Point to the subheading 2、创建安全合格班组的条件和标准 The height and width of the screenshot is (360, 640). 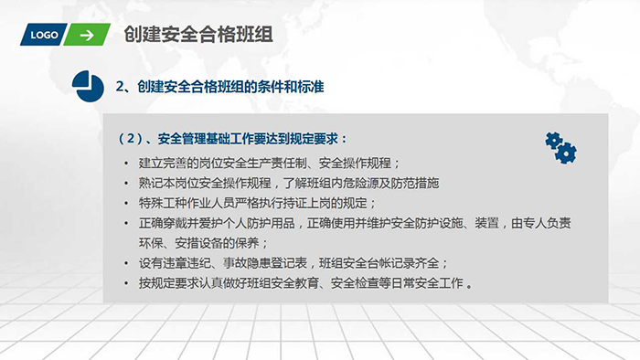point(220,88)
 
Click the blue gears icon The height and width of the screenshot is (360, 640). point(560,146)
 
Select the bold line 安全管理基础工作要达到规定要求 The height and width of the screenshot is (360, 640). point(234,140)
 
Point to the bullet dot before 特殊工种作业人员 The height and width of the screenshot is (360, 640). point(125,203)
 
